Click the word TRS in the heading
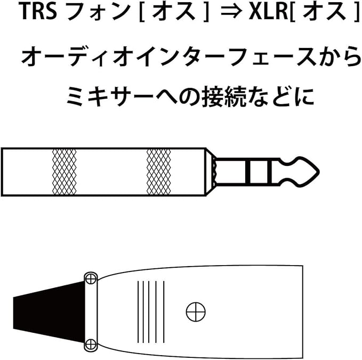(x=38, y=13)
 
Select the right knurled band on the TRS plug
(x=158, y=172)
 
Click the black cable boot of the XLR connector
(x=40, y=312)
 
